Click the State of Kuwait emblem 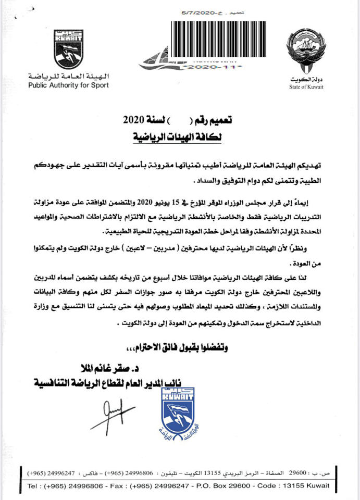pyautogui.click(x=306, y=53)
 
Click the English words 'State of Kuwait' pyautogui.click(x=306, y=87)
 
